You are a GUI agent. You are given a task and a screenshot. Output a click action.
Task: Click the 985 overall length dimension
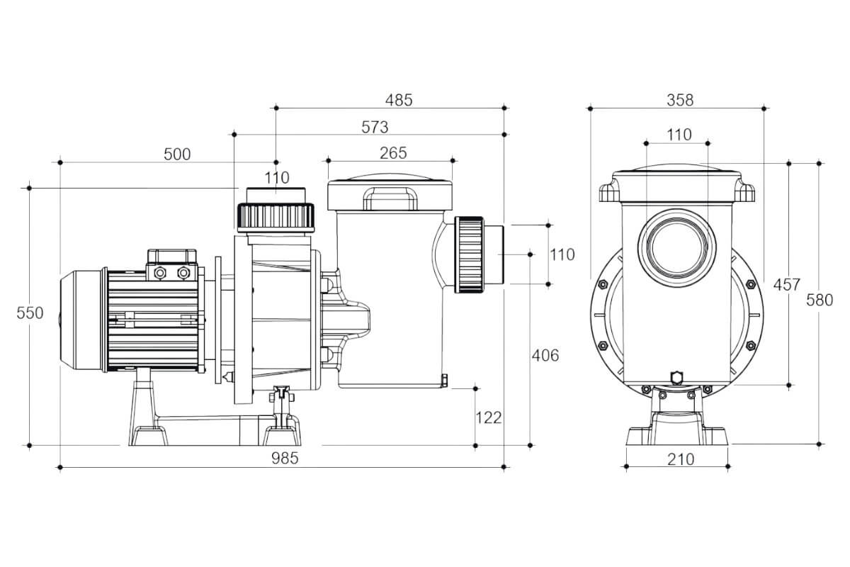[284, 458]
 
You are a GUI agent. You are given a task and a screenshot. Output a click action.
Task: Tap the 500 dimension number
[176, 154]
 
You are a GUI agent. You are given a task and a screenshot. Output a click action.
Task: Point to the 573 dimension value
[375, 127]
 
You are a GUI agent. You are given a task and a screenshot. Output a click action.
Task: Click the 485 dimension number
[398, 100]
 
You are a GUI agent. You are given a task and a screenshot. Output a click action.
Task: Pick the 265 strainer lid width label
[392, 153]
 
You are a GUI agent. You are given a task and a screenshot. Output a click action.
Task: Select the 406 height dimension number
[545, 355]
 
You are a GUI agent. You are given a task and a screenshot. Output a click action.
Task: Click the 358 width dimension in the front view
[680, 100]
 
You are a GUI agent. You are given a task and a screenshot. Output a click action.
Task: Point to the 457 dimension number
[786, 285]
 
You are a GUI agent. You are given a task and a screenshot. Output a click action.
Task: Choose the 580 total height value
[820, 300]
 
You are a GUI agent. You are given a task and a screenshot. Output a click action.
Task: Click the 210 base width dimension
[681, 459]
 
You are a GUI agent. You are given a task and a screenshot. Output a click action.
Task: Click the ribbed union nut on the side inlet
[470, 253]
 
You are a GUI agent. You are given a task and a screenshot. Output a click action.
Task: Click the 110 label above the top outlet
[277, 178]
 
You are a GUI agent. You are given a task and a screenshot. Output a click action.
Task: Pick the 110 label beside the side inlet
[562, 254]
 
